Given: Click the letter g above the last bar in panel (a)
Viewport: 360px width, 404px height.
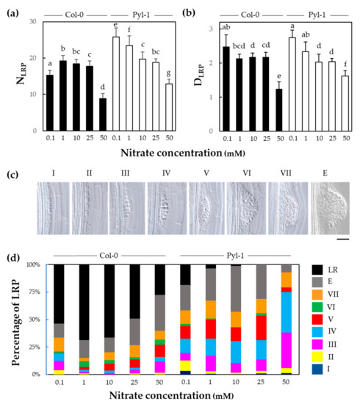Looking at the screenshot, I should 171,73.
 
